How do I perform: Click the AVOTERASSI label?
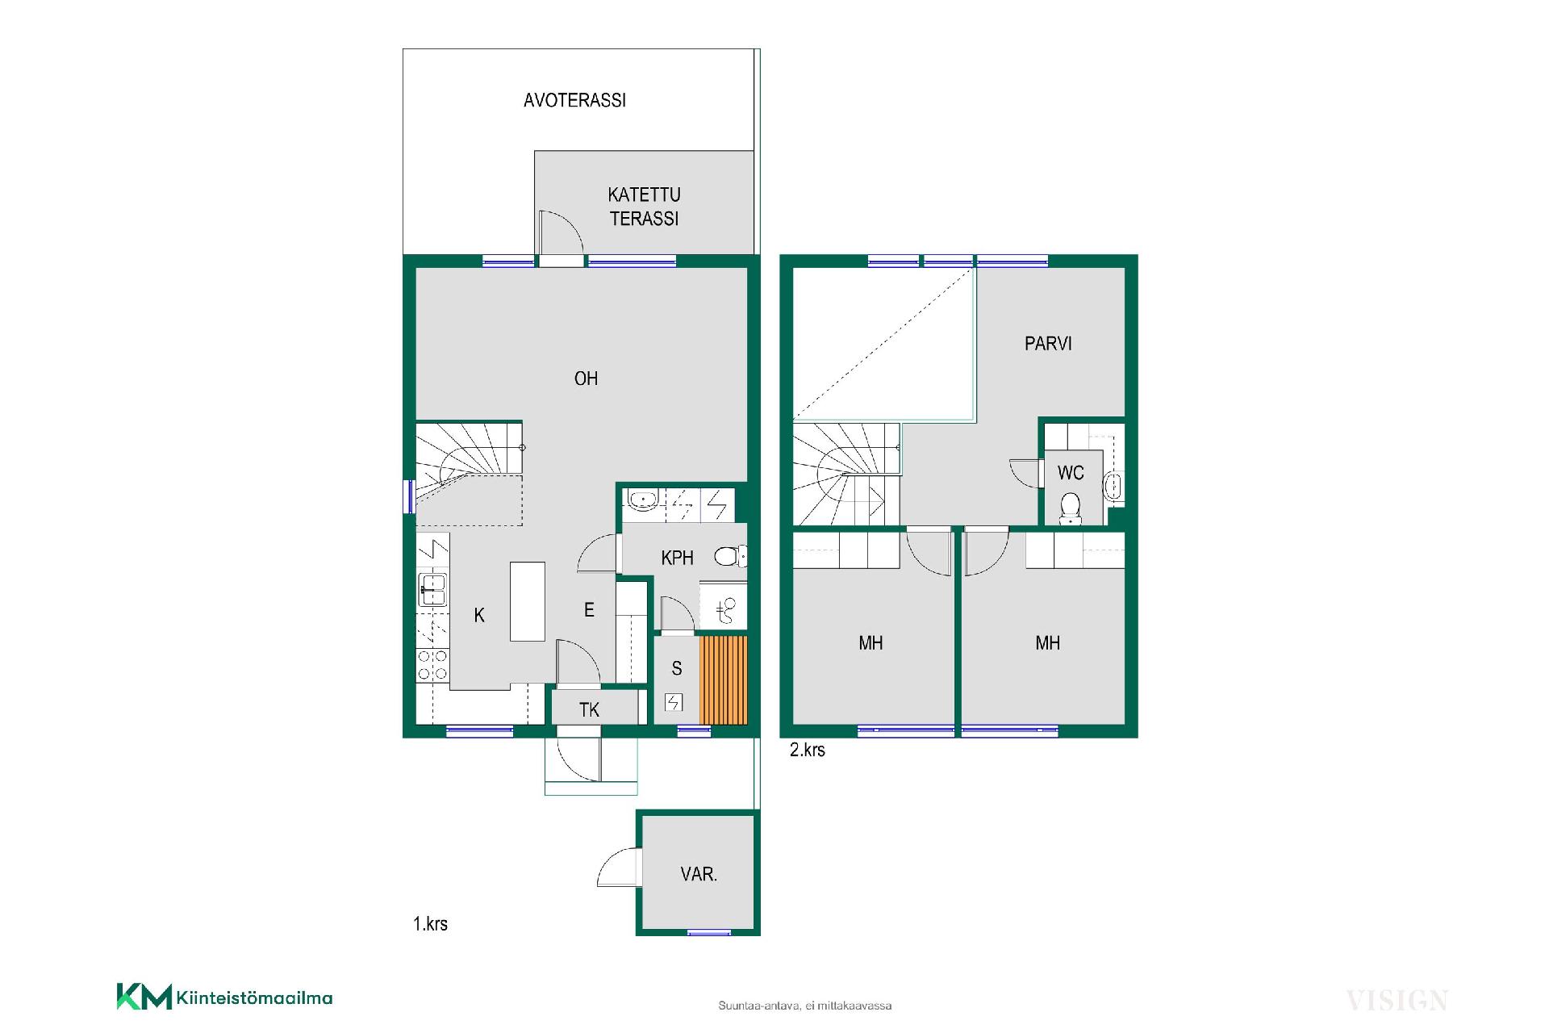[574, 100]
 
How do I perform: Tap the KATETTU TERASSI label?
[644, 207]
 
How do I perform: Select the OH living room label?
[586, 378]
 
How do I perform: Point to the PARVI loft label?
[1048, 344]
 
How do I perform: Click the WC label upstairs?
[1071, 473]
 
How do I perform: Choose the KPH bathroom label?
[677, 558]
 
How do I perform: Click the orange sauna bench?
[724, 680]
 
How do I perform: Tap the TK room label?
[589, 710]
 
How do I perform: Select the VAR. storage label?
[699, 874]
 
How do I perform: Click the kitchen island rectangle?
[528, 601]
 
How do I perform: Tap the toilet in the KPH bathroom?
[730, 556]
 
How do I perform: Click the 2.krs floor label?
[807, 750]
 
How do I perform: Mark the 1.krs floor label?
[430, 924]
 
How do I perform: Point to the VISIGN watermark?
[1397, 1001]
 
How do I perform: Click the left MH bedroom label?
[871, 643]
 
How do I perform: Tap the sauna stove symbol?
[674, 702]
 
